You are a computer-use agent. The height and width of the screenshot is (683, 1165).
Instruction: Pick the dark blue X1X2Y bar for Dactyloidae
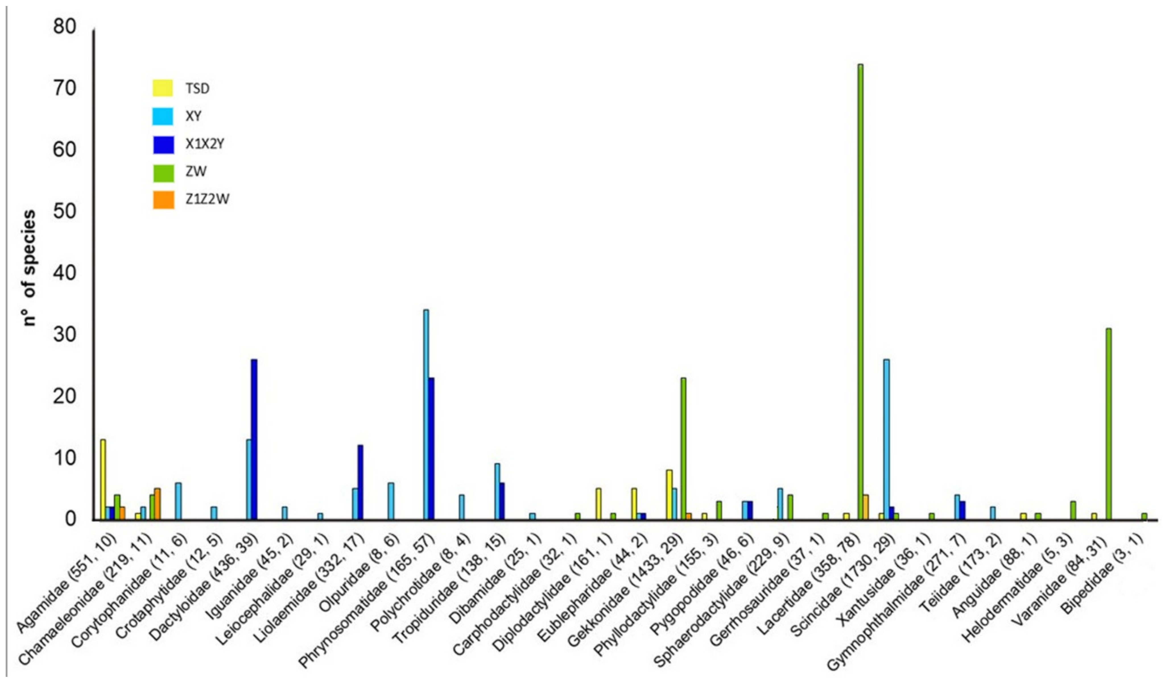(x=254, y=439)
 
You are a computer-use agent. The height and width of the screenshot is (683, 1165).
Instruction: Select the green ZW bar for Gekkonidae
(x=683, y=449)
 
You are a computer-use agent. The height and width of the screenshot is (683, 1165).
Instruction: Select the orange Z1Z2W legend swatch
(x=163, y=200)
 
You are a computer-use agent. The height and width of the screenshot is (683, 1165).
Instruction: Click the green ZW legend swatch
(x=163, y=172)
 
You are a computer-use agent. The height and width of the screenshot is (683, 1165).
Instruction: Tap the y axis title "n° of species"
(x=29, y=268)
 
